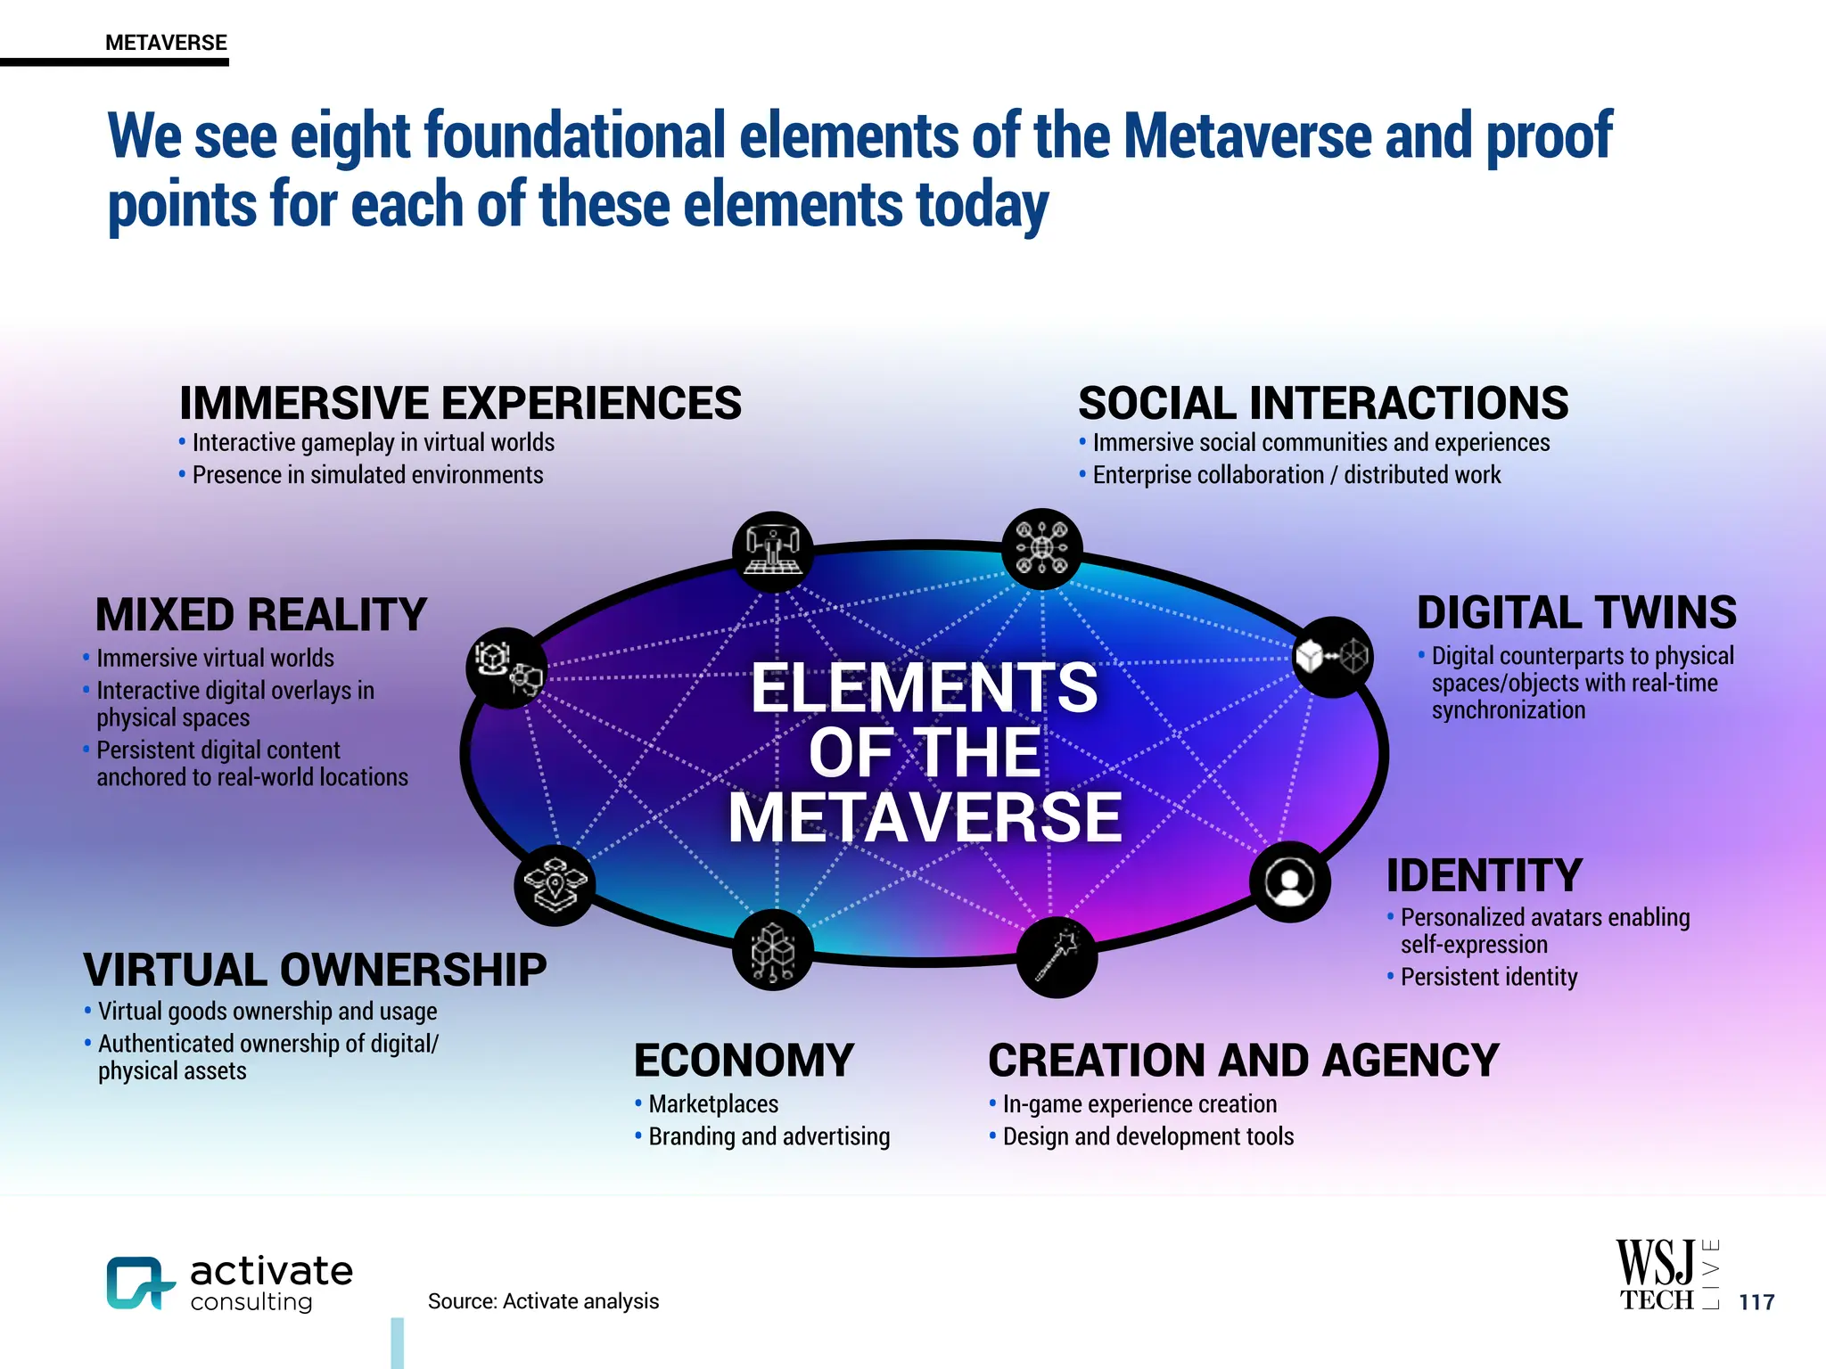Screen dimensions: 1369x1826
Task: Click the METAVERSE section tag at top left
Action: (x=166, y=43)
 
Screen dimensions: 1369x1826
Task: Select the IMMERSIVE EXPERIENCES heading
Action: (x=460, y=403)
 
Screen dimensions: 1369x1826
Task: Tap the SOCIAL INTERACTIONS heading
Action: (x=1323, y=403)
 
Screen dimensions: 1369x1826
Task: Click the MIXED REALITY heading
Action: (x=261, y=615)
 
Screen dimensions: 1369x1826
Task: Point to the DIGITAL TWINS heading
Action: (x=1576, y=613)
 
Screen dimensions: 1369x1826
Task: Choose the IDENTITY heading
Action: (x=1485, y=875)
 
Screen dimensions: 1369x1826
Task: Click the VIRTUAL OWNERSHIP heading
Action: (x=315, y=970)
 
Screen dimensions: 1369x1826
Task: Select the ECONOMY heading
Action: (x=744, y=1061)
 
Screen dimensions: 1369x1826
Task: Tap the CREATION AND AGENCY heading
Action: (x=1244, y=1061)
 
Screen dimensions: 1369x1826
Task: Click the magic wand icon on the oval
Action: (x=1057, y=957)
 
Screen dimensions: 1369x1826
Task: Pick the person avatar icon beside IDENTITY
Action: (x=1289, y=881)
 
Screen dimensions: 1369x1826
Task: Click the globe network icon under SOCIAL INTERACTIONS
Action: (x=1041, y=549)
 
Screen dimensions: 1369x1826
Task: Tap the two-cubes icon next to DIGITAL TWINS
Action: (x=1332, y=657)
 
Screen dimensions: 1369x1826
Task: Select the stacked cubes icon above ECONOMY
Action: (x=772, y=950)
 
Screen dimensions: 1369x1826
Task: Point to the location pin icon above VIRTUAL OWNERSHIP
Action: (x=555, y=885)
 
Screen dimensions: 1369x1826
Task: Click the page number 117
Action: (x=1756, y=1302)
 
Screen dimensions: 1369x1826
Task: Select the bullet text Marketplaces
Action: (x=713, y=1104)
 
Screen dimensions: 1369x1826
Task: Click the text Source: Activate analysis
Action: (x=543, y=1301)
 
